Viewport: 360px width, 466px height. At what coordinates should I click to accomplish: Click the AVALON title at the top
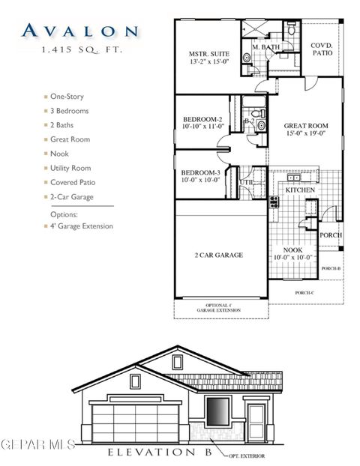(x=79, y=31)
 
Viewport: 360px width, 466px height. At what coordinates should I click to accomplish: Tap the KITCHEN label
(x=301, y=190)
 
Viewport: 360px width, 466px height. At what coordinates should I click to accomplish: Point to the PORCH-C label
(x=304, y=292)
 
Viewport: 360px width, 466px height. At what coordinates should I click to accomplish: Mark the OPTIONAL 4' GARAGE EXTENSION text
(x=220, y=307)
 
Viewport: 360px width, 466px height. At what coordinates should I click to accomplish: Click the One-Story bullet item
(x=67, y=97)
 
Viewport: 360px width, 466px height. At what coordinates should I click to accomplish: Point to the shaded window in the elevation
(x=217, y=413)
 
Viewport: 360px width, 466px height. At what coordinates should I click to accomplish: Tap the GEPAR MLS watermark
(x=37, y=445)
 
